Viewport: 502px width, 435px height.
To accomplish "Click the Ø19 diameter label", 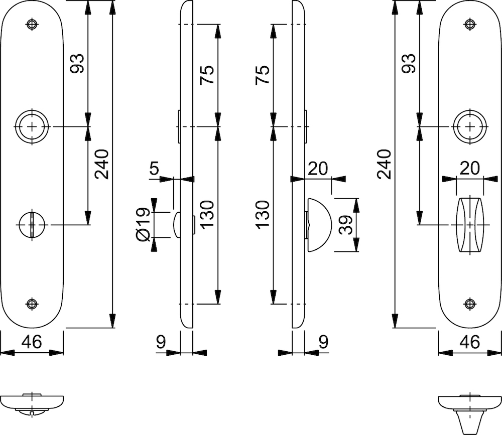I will [143, 224].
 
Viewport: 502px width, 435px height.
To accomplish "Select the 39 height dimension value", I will [345, 224].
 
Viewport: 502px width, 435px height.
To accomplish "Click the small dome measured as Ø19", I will [177, 224].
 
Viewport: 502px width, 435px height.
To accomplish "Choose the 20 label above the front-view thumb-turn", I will [469, 168].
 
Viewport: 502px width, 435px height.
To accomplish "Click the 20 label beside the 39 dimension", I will [318, 169].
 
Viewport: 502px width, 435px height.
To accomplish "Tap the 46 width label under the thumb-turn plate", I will [470, 342].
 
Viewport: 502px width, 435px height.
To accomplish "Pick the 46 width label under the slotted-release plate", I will [31, 342].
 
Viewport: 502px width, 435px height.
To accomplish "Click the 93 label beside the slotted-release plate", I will [77, 64].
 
